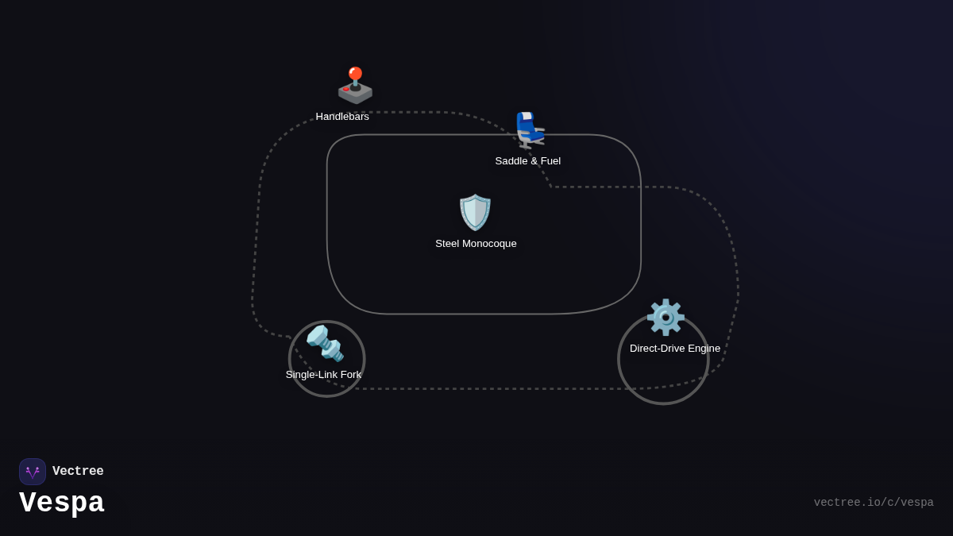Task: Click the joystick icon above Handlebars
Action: point(355,86)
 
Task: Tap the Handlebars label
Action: point(342,117)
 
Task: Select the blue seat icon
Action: point(529,130)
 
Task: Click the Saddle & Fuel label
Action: point(528,161)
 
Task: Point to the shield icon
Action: point(475,212)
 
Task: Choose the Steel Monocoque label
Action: point(476,244)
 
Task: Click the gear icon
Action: point(666,317)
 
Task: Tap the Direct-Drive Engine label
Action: point(675,349)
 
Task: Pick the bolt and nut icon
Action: point(325,343)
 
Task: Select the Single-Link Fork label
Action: point(323,375)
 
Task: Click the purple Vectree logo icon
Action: point(33,472)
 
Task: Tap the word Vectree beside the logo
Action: point(78,472)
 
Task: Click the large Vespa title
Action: point(62,503)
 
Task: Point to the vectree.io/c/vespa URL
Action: point(874,503)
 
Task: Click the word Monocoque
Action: point(491,244)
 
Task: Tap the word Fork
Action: point(350,375)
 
